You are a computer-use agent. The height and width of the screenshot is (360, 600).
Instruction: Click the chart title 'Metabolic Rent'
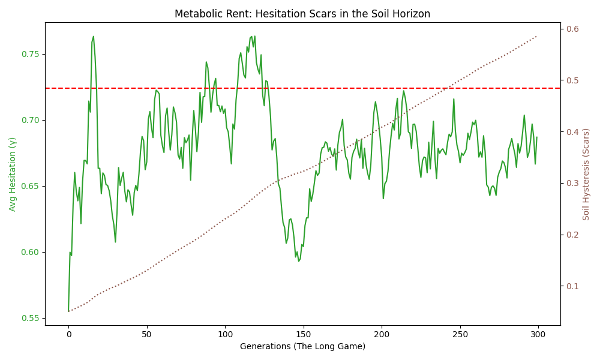[302, 13]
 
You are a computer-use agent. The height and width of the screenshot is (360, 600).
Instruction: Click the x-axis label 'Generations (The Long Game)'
[302, 346]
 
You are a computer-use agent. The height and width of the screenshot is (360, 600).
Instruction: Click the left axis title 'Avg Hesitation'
[13, 174]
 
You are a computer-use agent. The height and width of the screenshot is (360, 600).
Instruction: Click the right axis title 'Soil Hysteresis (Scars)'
[586, 174]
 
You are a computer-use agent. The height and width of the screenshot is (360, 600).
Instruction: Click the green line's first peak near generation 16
[93, 37]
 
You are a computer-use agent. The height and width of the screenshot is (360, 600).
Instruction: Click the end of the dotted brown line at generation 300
[537, 35]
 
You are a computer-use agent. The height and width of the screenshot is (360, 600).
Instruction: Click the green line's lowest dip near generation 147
[298, 261]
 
